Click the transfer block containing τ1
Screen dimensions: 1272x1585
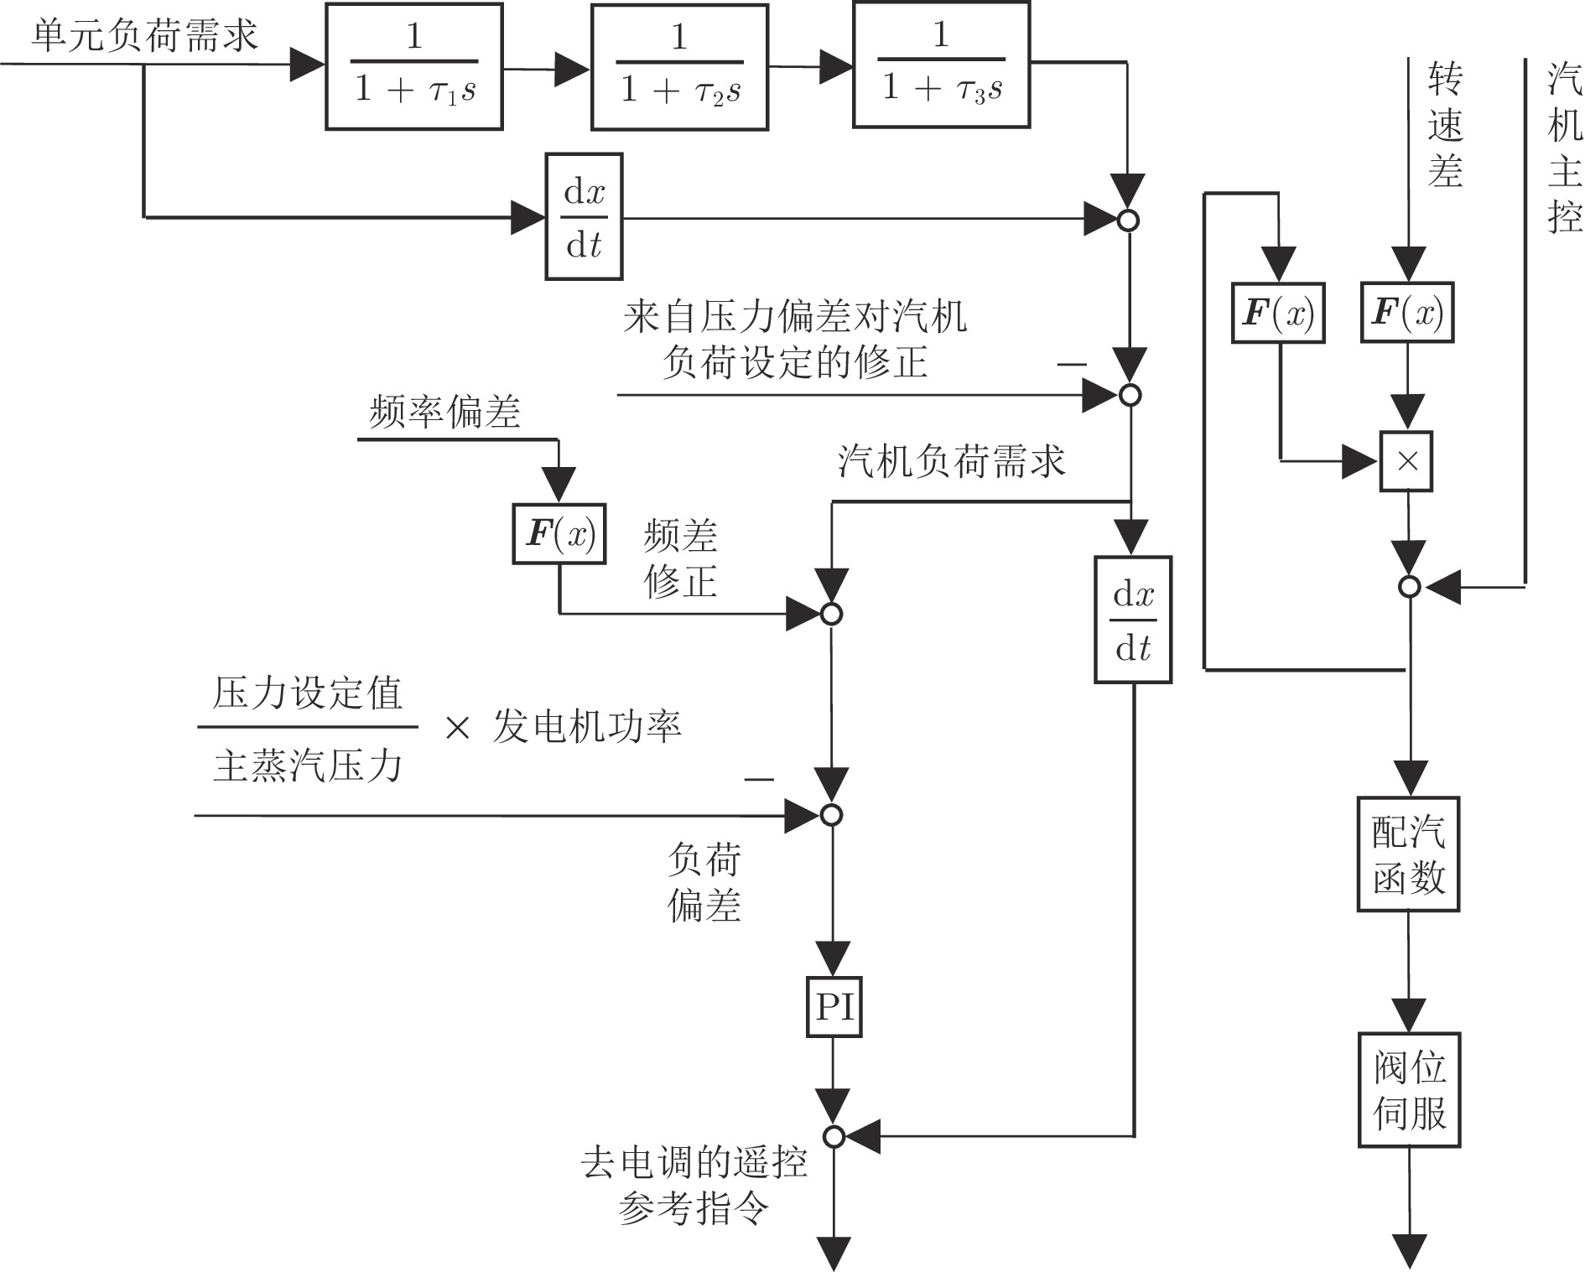[414, 66]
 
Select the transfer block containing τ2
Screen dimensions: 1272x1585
[679, 66]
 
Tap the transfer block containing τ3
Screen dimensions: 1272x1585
[941, 65]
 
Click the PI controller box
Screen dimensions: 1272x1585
[834, 1006]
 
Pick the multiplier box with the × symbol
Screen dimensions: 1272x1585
[1406, 461]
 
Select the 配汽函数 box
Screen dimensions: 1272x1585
[1408, 854]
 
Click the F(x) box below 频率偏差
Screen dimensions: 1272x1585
[559, 533]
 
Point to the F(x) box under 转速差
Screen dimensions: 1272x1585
[1406, 314]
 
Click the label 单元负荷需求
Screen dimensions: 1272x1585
[144, 36]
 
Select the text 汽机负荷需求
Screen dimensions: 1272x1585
[951, 461]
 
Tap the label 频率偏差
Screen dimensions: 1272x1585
[444, 412]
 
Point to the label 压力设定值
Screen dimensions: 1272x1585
[307, 693]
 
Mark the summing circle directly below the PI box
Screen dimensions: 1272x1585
[834, 1136]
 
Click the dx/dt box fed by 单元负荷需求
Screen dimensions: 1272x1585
[584, 216]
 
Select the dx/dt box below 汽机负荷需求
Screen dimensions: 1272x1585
[1133, 620]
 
